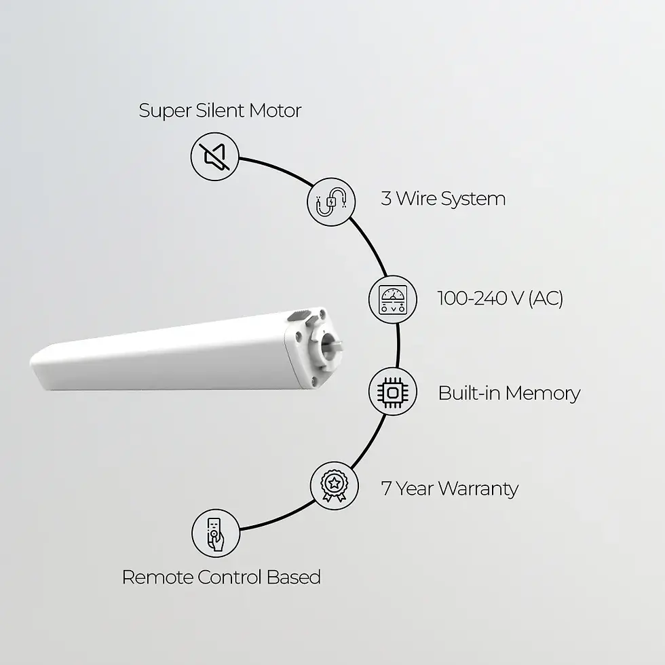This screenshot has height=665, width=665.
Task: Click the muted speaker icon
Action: tap(214, 157)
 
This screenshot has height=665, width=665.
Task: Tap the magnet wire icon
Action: tap(330, 201)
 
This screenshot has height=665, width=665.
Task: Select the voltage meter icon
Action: tap(393, 299)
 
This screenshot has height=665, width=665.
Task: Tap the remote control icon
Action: tap(215, 533)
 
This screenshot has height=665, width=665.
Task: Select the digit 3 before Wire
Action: tap(386, 199)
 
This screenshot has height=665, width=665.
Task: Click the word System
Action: tap(473, 199)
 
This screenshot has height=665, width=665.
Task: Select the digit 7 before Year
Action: tap(386, 489)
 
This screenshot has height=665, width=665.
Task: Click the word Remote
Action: tap(157, 577)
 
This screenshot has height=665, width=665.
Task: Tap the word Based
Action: tap(294, 577)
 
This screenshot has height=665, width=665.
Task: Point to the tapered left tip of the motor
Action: tap(35, 366)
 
